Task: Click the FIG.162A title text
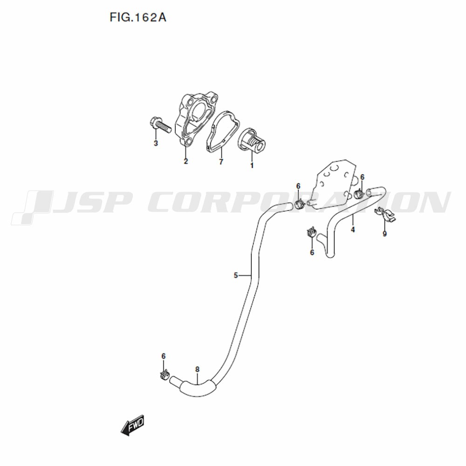pos(138,18)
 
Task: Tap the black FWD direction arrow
pos(132,425)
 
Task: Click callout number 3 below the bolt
pos(156,144)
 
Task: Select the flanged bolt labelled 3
pos(160,126)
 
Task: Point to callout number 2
pos(186,161)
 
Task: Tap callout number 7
pos(221,162)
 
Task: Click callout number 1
pos(252,165)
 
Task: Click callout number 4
pos(353,230)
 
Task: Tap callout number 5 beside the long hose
pos(236,275)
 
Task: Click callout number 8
pos(197,370)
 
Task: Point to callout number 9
pos(384,234)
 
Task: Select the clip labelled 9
pos(385,215)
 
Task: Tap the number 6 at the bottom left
pos(164,356)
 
